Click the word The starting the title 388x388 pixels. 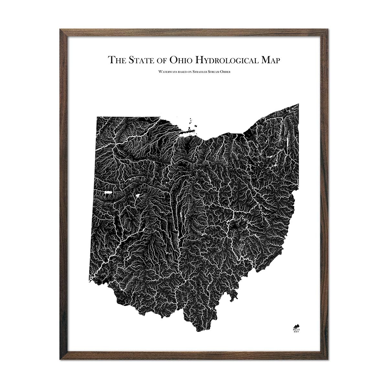click(115, 60)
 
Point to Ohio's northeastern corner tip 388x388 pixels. click(298, 104)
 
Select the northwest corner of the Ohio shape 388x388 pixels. click(97, 117)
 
